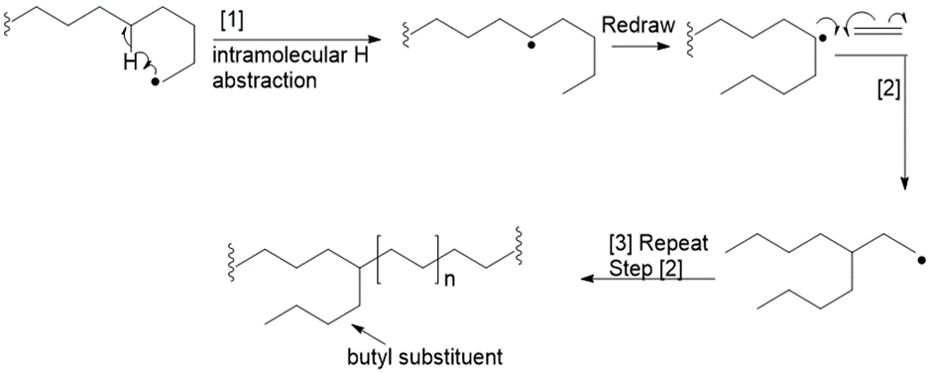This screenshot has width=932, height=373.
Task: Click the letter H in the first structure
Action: coord(130,62)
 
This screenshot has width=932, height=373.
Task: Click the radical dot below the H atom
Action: coord(155,82)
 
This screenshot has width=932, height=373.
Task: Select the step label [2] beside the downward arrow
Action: coord(888,91)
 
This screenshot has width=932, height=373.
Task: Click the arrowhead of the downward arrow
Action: coord(904,184)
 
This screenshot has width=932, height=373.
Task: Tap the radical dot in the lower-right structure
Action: coord(921,260)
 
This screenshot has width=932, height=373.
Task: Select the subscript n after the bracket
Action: coord(449,280)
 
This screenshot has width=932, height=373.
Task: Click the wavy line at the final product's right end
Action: coord(519,244)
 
